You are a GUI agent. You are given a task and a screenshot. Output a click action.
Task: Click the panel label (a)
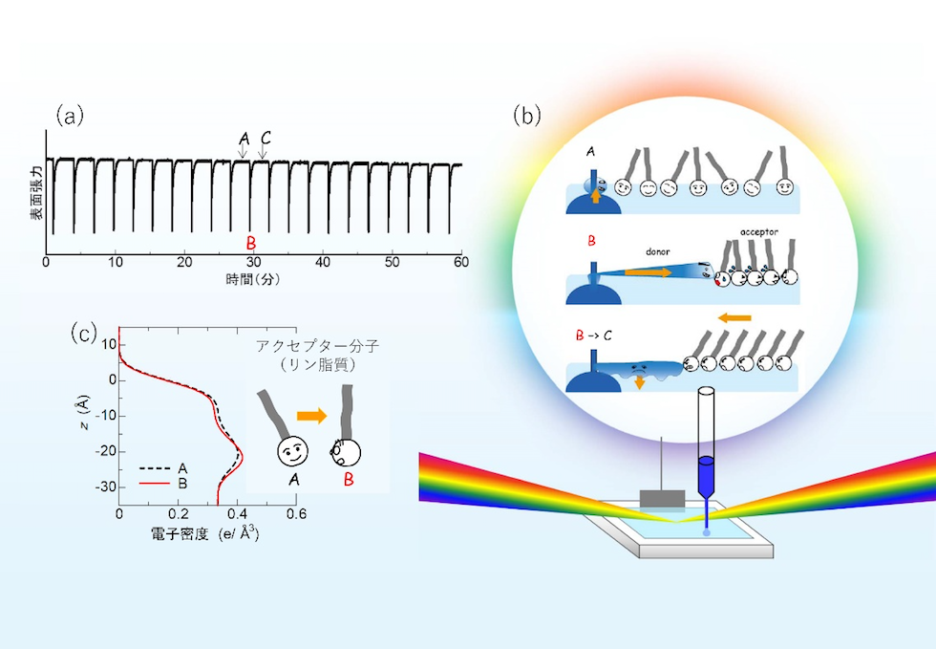coord(70,116)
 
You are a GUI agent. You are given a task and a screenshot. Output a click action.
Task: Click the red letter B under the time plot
coord(251,243)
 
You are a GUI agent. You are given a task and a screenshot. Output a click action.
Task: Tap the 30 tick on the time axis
coord(254,262)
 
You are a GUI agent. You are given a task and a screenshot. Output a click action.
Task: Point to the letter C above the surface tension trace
coord(266,138)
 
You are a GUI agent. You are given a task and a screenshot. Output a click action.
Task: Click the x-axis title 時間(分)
coord(252,279)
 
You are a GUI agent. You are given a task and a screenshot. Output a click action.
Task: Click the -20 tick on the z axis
coord(105,452)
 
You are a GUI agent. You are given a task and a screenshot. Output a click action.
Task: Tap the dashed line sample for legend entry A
coord(154,469)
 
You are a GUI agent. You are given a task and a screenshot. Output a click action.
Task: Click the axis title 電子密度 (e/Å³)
coord(204,533)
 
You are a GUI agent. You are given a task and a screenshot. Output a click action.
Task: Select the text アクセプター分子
coord(317,346)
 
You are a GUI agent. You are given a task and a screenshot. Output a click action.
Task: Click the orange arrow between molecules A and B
coord(312,416)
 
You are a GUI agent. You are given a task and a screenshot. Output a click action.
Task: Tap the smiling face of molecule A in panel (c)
coord(292,451)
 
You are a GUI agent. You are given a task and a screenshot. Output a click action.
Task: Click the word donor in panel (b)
coord(658,252)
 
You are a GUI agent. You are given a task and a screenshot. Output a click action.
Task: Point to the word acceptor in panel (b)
coord(759,231)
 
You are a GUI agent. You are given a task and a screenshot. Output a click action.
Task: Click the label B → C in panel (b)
coord(593,335)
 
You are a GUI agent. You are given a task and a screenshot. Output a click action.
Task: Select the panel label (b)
coord(527,116)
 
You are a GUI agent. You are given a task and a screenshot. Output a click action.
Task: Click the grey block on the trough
coord(662,498)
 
